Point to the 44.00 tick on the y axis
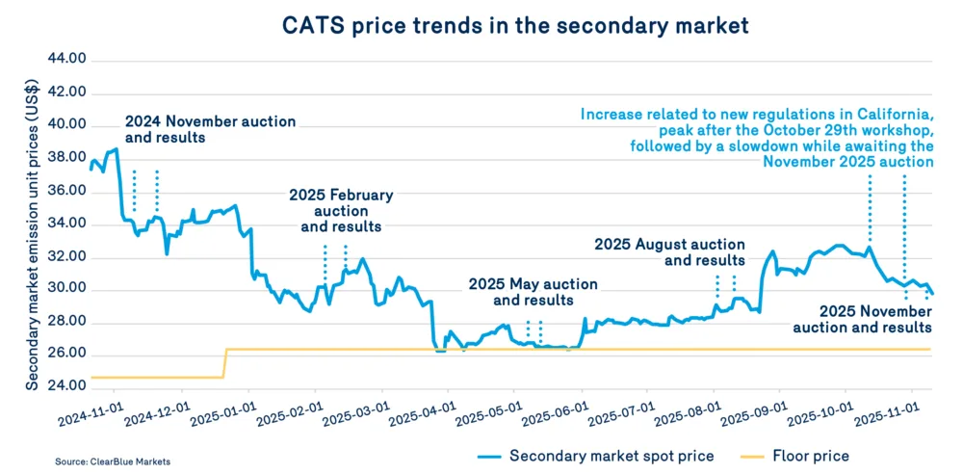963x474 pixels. pyautogui.click(x=66, y=60)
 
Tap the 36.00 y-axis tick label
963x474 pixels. pyautogui.click(x=66, y=191)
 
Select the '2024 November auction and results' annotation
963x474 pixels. pyautogui.click(x=211, y=129)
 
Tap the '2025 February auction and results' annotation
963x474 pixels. pyautogui.click(x=341, y=210)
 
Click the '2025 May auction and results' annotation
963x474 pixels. pyautogui.click(x=533, y=292)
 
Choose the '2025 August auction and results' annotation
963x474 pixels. pyautogui.click(x=669, y=252)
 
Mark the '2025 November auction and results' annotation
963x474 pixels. pyautogui.click(x=875, y=320)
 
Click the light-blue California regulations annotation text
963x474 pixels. pyautogui.click(x=757, y=137)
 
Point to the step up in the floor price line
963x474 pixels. pyautogui.click(x=225, y=362)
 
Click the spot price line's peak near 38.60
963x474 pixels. pyautogui.click(x=117, y=149)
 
